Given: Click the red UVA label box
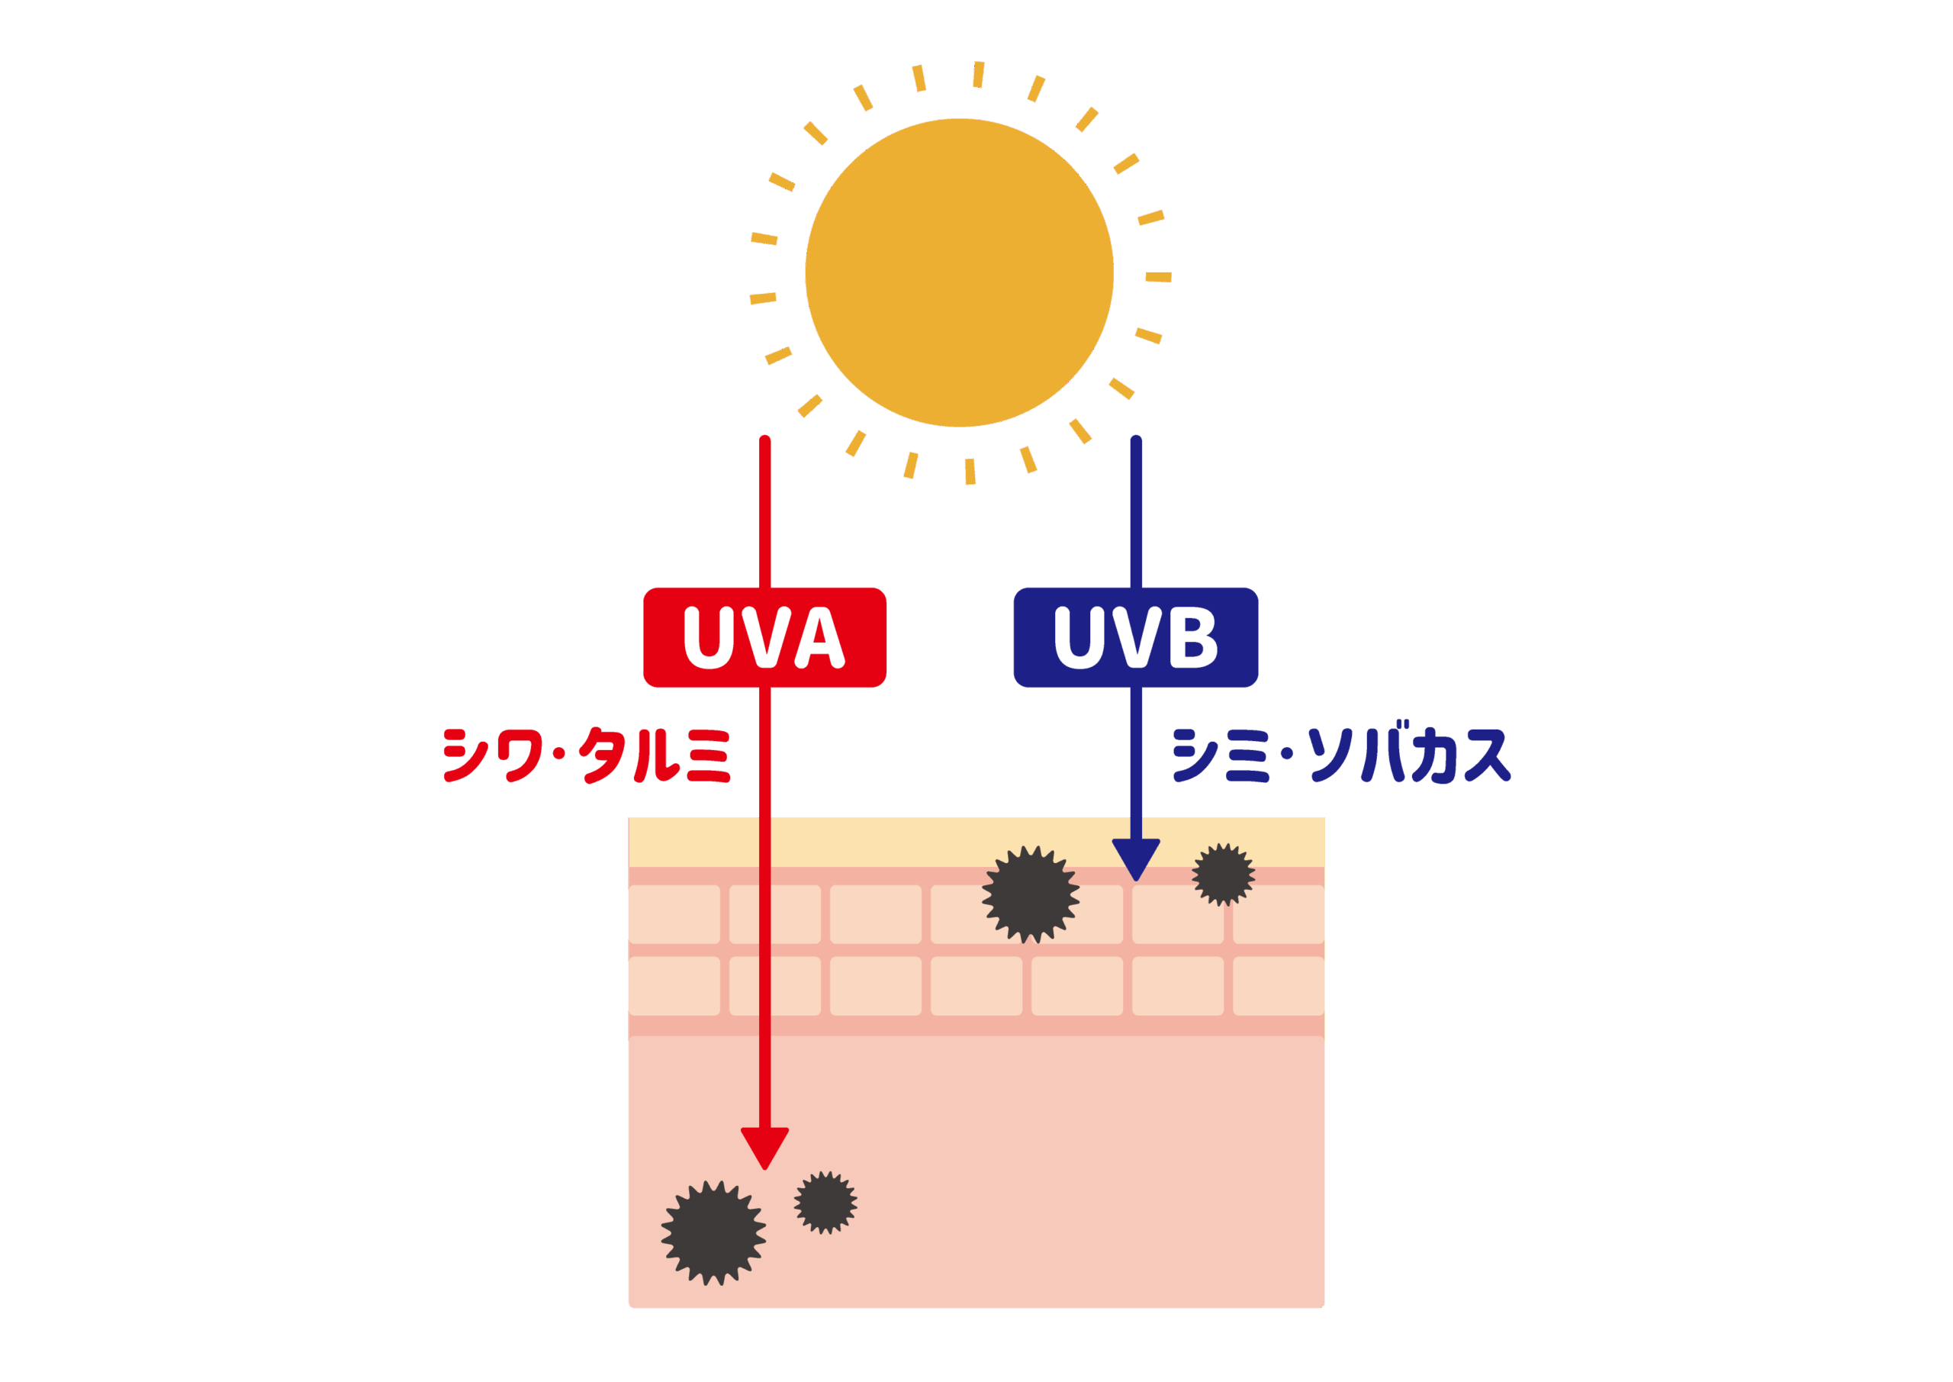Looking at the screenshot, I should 764,637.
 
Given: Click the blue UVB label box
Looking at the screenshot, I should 1136,637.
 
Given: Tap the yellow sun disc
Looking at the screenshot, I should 959,272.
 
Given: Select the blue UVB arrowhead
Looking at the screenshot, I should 1136,859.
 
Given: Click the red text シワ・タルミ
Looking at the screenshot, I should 587,755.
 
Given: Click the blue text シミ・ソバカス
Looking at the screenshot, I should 1341,755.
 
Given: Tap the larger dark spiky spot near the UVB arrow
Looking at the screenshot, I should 1031,894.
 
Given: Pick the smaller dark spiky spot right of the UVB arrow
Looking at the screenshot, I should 1223,875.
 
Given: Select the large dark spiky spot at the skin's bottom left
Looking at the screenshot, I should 713,1232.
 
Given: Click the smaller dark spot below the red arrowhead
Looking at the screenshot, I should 825,1203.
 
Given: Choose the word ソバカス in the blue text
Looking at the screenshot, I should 1408,755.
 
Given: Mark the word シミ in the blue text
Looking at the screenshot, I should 1221,755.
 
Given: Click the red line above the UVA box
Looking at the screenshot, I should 764,511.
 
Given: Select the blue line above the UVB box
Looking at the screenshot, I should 1136,511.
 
